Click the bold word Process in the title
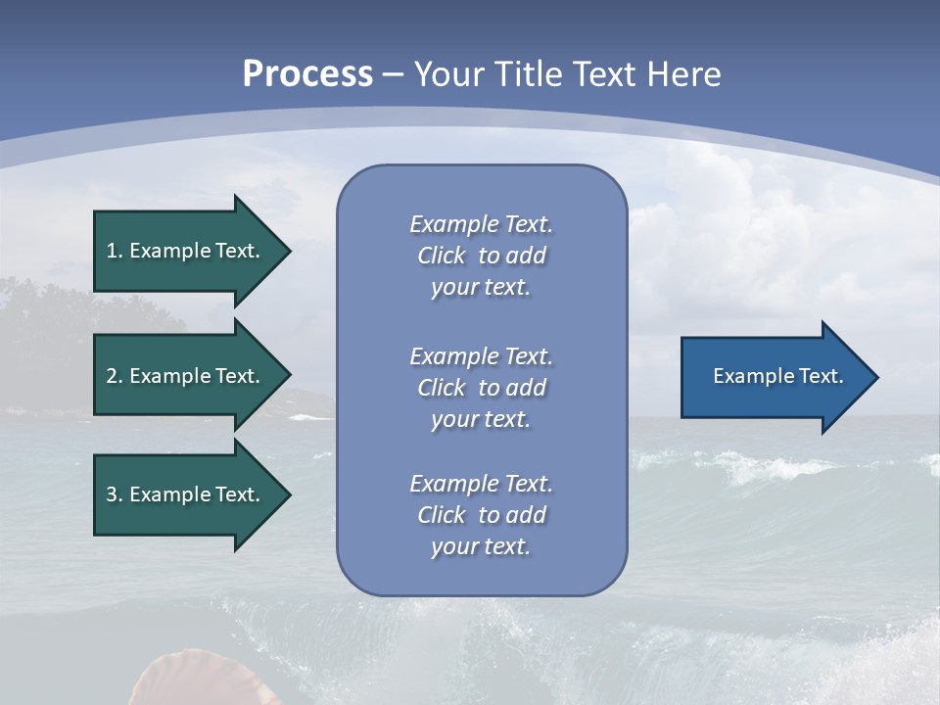coord(307,74)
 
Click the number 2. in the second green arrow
coord(114,376)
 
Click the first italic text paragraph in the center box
coord(481,256)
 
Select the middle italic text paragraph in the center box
coord(481,387)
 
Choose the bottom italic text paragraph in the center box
coord(481,514)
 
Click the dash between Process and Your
coord(393,74)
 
